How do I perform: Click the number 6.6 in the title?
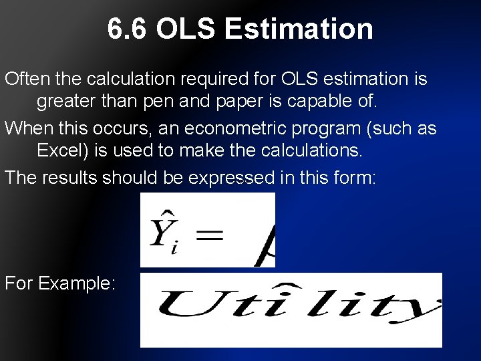(x=128, y=29)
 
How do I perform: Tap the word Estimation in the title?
(x=299, y=29)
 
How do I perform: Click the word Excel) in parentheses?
(x=64, y=150)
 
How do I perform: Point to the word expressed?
(x=231, y=177)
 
